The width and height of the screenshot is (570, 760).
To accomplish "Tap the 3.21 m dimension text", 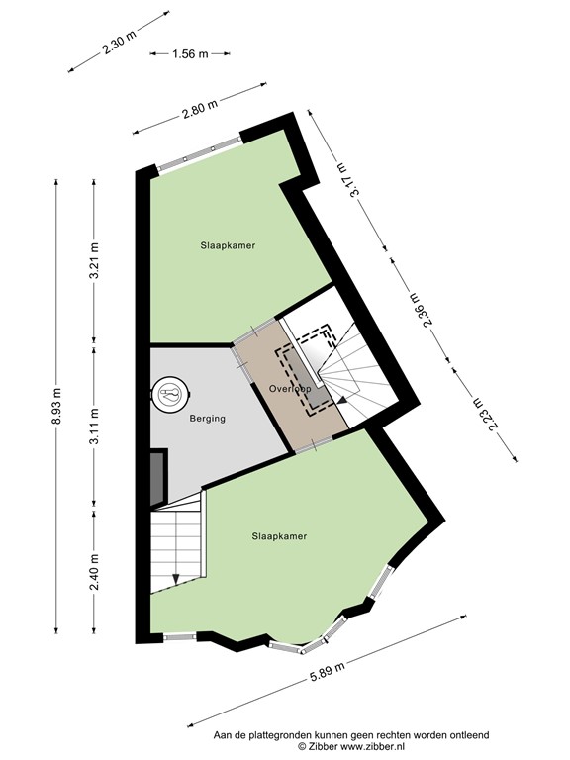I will tap(95, 262).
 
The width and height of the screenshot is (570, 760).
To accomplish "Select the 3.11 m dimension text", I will tap(95, 428).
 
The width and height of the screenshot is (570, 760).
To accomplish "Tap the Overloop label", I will tap(290, 389).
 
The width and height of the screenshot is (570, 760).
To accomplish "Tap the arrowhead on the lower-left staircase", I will tap(176, 579).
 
